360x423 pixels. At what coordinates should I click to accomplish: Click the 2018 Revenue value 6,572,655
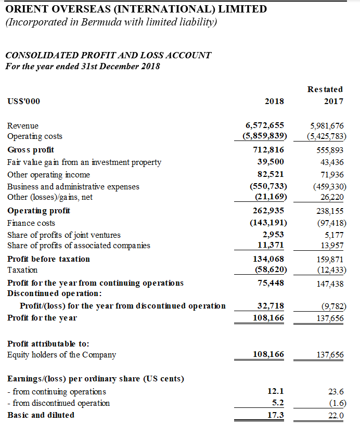pyautogui.click(x=264, y=125)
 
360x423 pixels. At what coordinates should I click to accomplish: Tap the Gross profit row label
pyautogui.click(x=31, y=150)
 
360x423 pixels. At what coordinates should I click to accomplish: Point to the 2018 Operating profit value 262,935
pyautogui.click(x=267, y=211)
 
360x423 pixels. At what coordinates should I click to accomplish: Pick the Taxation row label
pyautogui.click(x=22, y=270)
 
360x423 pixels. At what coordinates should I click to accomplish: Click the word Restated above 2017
pyautogui.click(x=325, y=89)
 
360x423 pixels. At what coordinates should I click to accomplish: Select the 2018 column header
pyautogui.click(x=274, y=101)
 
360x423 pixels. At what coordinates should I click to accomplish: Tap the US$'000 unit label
pyautogui.click(x=23, y=101)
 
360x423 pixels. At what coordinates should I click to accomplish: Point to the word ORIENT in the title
pyautogui.click(x=27, y=9)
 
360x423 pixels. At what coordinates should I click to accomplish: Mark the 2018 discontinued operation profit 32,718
pyautogui.click(x=271, y=305)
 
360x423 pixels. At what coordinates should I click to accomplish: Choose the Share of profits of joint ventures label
pyautogui.click(x=64, y=235)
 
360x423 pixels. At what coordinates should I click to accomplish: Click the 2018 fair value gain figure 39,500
pyautogui.click(x=271, y=162)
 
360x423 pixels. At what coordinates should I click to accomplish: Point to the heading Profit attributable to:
pyautogui.click(x=48, y=344)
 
